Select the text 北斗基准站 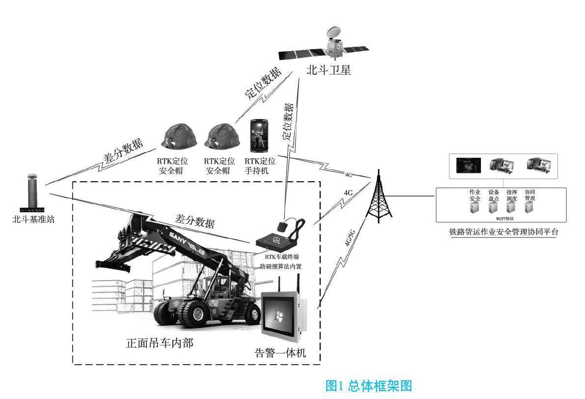tap(33, 219)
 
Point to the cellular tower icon tap(378, 197)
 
